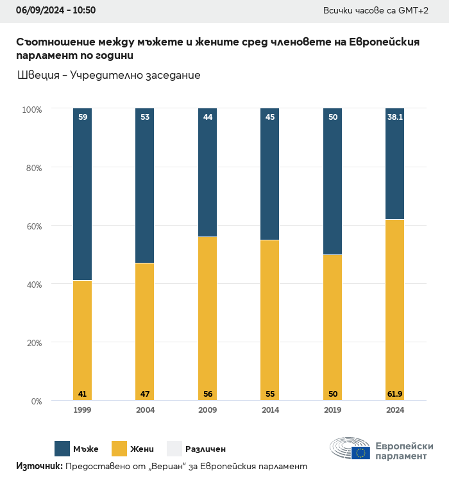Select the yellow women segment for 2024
click(394, 308)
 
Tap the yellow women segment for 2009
click(207, 317)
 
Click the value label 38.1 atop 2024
click(394, 117)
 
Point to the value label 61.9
click(394, 394)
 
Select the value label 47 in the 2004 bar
click(145, 394)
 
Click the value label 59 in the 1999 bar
click(83, 117)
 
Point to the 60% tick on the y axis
click(33, 226)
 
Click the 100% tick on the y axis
click(31, 110)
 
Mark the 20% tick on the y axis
click(33, 343)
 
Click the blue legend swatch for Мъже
click(62, 449)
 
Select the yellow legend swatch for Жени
click(119, 449)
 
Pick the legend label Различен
click(205, 449)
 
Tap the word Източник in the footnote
click(38, 466)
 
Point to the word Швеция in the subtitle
click(38, 76)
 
